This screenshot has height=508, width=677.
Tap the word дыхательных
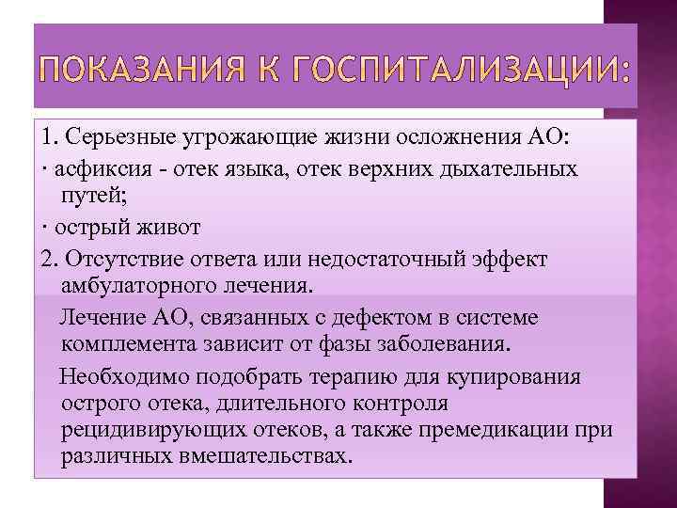pos(512,170)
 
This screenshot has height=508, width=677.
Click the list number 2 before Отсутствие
pos(48,258)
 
